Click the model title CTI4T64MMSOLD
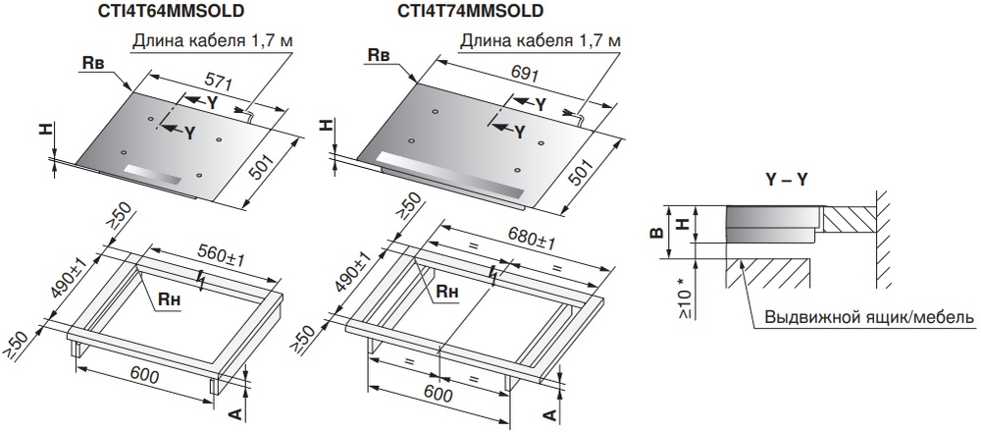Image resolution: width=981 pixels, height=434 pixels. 178,11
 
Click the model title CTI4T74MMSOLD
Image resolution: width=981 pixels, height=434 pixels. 470,11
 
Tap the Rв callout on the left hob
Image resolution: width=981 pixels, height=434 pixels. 93,62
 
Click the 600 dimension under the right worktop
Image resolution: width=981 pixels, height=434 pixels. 439,395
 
